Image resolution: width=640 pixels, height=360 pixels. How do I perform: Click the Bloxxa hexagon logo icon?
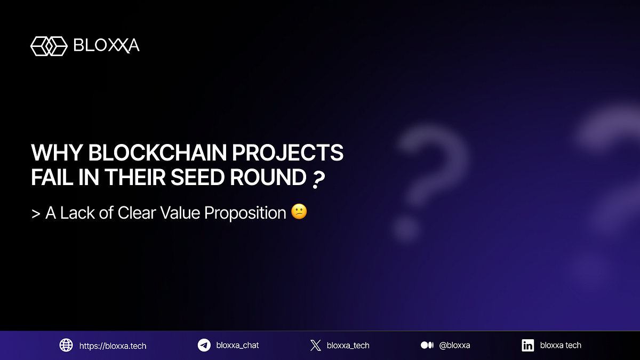[x=49, y=46]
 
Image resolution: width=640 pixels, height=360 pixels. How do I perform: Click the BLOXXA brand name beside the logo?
[x=106, y=46]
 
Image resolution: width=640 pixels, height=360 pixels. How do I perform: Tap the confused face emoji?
[x=299, y=212]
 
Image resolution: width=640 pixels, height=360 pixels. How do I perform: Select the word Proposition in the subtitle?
[x=245, y=213]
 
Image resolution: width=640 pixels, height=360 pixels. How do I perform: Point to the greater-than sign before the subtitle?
[x=36, y=213]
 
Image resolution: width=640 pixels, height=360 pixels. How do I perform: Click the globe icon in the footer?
[x=66, y=345]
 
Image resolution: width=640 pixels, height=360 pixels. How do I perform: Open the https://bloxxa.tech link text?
[x=113, y=346]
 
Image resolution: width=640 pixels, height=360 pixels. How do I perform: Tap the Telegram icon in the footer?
[x=204, y=345]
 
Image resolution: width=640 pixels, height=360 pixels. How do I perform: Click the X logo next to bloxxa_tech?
[x=315, y=345]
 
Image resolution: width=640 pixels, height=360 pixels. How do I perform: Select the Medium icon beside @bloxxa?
[x=427, y=345]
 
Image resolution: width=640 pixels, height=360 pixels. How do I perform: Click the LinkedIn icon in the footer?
[x=528, y=345]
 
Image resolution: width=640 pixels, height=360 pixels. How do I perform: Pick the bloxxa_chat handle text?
[x=237, y=345]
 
